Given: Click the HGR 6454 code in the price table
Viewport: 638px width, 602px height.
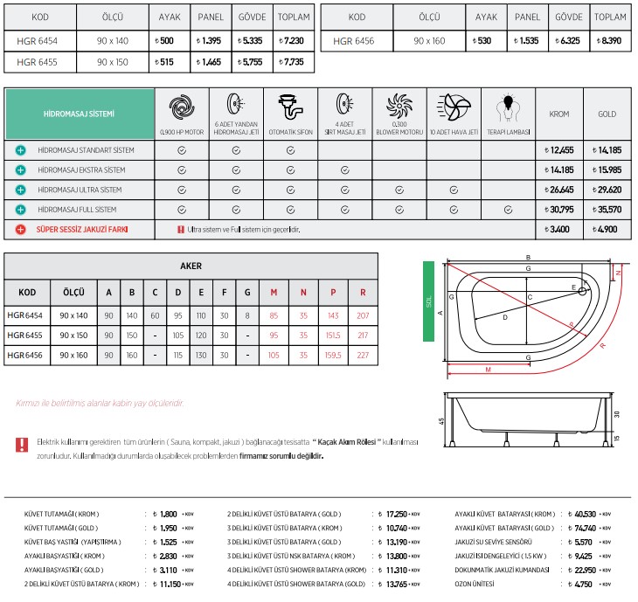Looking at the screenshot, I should (x=37, y=40).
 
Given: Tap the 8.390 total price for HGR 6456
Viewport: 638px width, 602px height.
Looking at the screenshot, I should (x=610, y=40).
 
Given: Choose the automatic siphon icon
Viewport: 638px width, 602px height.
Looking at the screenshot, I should (x=290, y=107).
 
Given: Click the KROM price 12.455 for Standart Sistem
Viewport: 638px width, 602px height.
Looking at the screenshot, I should (x=559, y=150).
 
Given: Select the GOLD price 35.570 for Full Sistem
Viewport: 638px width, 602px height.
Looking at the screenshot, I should (x=607, y=210).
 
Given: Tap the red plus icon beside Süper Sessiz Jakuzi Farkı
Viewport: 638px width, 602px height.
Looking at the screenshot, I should (x=19, y=229).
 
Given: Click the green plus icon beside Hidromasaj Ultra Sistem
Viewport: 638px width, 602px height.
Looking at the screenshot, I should (x=19, y=190).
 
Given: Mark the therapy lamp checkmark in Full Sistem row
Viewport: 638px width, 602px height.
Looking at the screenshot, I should (x=508, y=210).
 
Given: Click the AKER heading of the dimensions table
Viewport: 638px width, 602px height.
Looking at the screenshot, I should (x=191, y=266).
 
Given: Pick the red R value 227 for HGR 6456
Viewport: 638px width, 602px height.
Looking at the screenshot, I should (x=363, y=355).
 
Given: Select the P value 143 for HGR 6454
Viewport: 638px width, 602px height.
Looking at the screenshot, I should (x=333, y=315).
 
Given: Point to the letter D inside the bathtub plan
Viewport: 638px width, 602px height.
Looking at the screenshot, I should (x=505, y=317).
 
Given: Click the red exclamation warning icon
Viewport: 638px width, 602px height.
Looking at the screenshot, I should (x=22, y=445).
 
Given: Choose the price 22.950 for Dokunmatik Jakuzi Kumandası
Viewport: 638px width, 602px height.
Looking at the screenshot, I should (x=585, y=569).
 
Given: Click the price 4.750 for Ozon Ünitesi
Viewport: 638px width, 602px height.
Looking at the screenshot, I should (x=585, y=583).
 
